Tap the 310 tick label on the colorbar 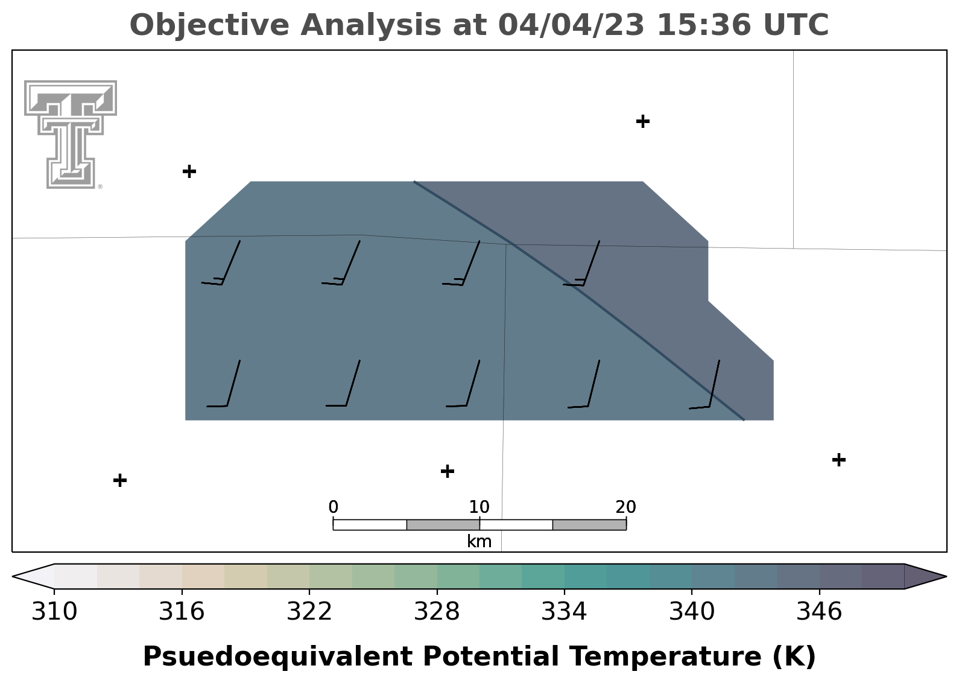(x=54, y=611)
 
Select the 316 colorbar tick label (x=182, y=611)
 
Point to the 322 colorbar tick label (x=309, y=611)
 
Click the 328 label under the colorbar (x=437, y=611)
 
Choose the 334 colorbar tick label (x=564, y=611)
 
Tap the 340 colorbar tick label (x=691, y=611)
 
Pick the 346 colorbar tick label (x=819, y=611)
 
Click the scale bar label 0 (x=333, y=507)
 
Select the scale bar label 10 (x=479, y=507)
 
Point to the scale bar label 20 (x=625, y=507)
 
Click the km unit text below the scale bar (x=479, y=541)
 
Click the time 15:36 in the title (x=703, y=25)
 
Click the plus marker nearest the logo (x=189, y=172)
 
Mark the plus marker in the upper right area (x=642, y=122)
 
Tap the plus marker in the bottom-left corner (x=120, y=480)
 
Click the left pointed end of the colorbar (x=13, y=576)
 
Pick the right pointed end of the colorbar (x=946, y=576)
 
